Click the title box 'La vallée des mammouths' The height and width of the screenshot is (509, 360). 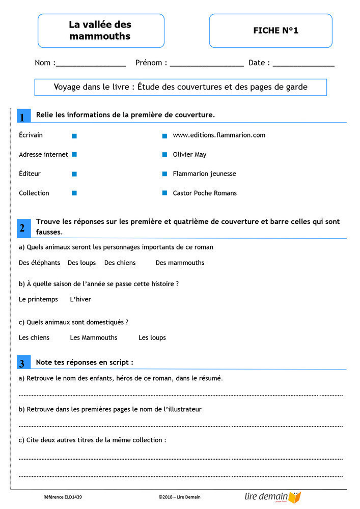point(101,31)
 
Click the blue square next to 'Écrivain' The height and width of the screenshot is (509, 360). point(74,136)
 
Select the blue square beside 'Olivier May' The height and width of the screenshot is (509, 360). point(164,154)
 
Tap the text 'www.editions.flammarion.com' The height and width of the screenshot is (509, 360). point(219,135)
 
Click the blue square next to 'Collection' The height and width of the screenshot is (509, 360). point(74,193)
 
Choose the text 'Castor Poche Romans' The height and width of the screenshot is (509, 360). point(205,193)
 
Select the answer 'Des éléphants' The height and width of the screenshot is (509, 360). point(39,263)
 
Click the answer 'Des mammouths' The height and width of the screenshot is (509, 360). point(180,263)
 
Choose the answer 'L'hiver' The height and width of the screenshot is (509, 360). point(80,299)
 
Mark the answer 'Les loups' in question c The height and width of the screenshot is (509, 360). point(152,337)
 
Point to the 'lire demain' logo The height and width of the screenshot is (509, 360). point(272,497)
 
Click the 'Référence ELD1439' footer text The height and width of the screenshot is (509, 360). point(63,497)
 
